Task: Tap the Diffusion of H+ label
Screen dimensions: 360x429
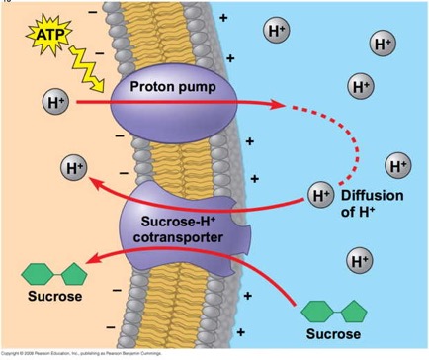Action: tap(372, 203)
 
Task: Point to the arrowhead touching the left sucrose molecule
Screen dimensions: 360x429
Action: tap(92, 260)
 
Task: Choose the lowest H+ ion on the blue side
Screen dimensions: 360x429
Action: tap(359, 260)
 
